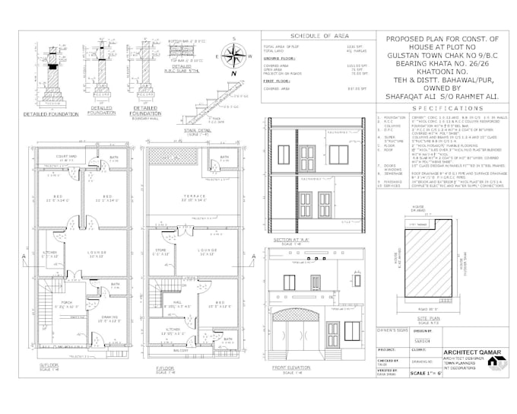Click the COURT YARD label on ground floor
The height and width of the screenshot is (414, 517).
point(69,157)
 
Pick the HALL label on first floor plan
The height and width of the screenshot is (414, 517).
point(173,301)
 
